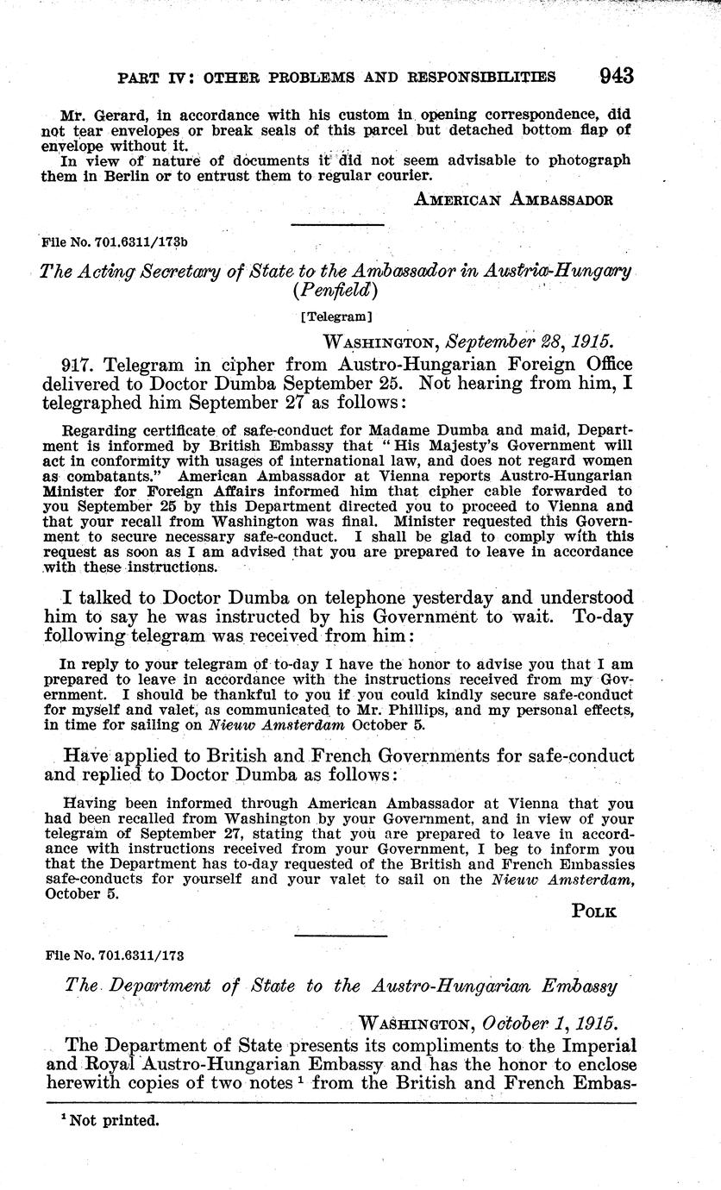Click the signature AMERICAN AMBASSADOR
click(x=514, y=200)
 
